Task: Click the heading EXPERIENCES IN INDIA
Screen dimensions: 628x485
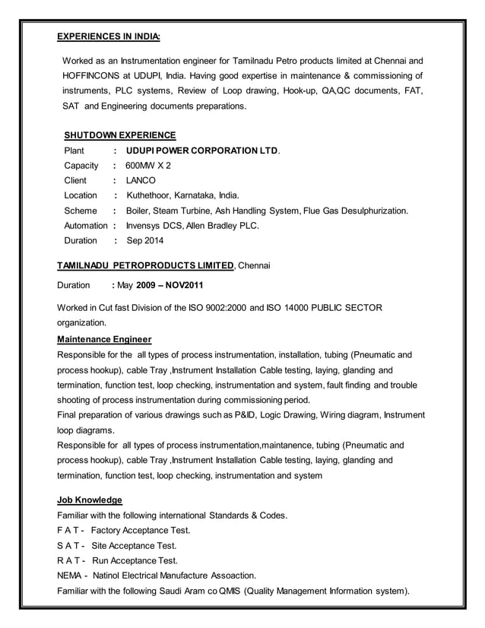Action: click(109, 36)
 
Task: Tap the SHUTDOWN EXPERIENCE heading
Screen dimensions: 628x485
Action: click(119, 135)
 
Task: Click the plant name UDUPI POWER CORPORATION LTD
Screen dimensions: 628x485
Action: click(202, 151)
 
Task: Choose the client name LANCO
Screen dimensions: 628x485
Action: click(141, 181)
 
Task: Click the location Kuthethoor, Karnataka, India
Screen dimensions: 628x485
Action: click(182, 195)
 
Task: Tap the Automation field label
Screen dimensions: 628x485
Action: click(86, 226)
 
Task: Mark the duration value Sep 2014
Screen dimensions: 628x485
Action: click(144, 241)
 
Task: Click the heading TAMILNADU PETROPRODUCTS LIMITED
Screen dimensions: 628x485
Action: click(146, 265)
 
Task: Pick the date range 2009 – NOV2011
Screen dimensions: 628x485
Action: click(170, 287)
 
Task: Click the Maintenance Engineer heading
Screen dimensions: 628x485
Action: click(104, 339)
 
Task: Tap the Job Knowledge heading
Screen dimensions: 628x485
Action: click(90, 500)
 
